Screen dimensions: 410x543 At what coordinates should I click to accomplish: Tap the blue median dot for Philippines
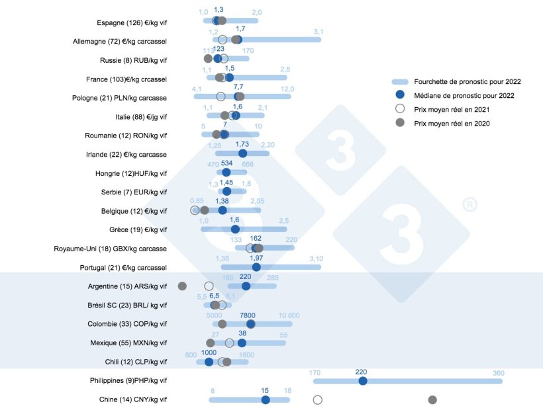[x=362, y=381]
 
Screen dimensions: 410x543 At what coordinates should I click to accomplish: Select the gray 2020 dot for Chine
[x=432, y=399]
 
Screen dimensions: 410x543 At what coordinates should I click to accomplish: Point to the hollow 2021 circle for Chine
[x=317, y=399]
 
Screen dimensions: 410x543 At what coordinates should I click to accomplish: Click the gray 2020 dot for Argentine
[x=182, y=286]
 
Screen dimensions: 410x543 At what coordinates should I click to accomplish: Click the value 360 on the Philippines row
[x=498, y=372]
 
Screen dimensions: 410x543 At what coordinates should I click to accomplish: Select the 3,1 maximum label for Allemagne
[x=319, y=32]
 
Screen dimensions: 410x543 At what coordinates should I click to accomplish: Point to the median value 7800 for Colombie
[x=248, y=315]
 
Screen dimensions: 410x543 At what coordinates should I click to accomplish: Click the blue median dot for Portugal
[x=256, y=266]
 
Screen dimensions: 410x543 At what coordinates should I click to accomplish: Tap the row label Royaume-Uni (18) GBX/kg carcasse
[x=110, y=249]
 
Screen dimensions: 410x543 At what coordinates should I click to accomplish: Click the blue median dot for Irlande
[x=242, y=153]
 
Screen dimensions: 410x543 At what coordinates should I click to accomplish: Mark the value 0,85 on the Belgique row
[x=197, y=201]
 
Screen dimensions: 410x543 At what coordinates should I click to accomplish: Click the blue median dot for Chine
[x=266, y=399]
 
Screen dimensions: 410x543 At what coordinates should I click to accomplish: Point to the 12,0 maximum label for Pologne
[x=287, y=89]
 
